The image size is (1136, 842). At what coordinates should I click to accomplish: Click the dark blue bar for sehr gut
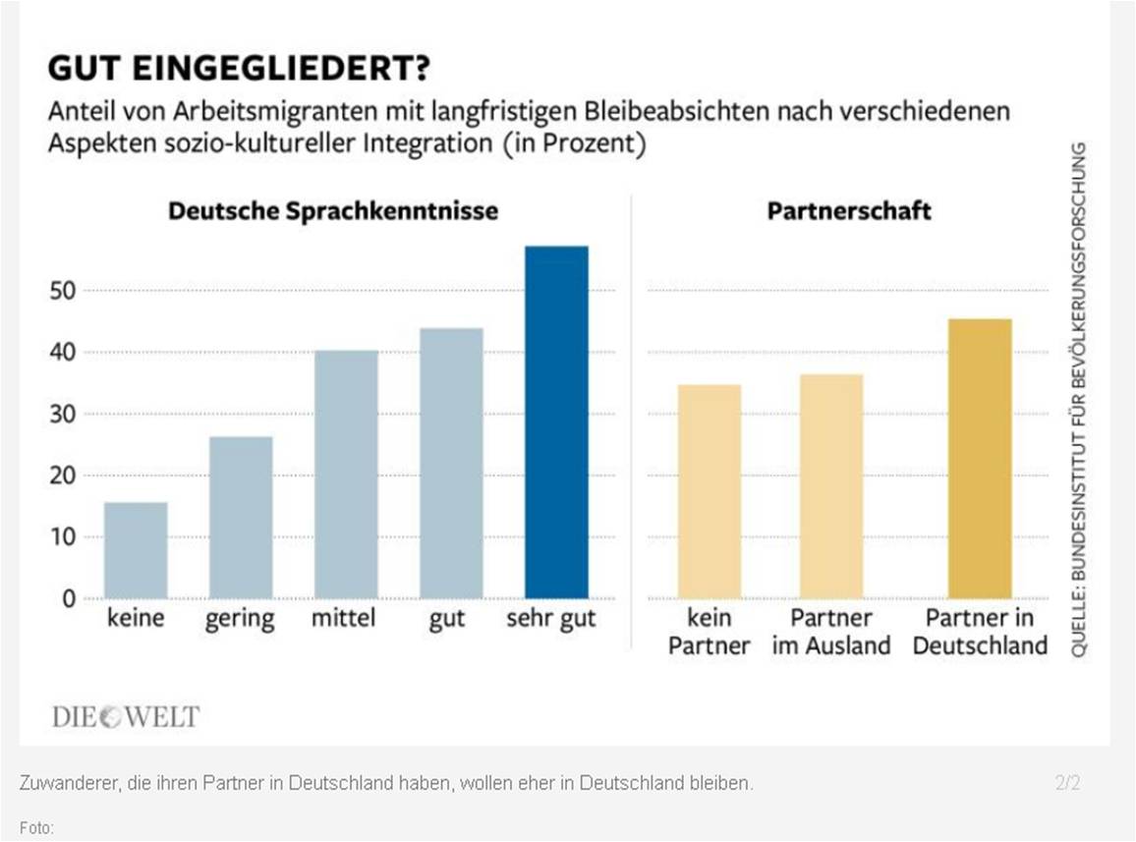point(556,422)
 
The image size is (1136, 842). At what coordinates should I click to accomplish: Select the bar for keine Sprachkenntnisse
point(136,550)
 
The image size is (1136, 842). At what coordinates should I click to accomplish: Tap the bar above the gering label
point(241,518)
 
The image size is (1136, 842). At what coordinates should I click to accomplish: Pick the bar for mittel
point(346,475)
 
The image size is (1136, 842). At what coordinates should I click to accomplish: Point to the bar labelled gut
point(451,464)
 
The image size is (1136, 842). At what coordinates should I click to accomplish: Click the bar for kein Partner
point(709,491)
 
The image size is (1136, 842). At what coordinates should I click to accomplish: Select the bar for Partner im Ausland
point(831,486)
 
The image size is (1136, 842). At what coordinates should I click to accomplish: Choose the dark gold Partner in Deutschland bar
point(979,459)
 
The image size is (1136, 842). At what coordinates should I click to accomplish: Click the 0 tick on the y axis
point(69,598)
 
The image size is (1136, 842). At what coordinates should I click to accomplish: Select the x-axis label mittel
point(344,620)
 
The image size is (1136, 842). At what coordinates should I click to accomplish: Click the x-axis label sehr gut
point(551,621)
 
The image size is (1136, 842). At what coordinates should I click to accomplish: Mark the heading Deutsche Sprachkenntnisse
point(333,211)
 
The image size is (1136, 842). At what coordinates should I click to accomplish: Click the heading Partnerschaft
point(849,211)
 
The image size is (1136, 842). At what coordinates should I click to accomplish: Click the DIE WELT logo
point(125,716)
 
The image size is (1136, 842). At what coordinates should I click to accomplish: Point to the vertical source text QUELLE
point(1078,400)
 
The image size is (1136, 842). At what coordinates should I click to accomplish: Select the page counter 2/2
point(1068,783)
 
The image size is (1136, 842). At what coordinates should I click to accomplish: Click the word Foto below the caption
point(36,827)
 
